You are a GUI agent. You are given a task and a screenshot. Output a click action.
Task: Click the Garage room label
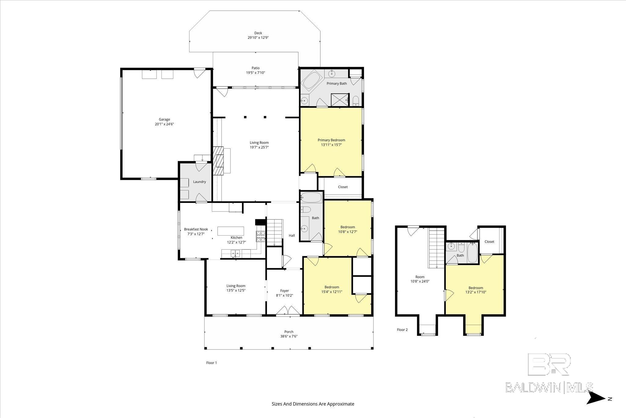pos(164,119)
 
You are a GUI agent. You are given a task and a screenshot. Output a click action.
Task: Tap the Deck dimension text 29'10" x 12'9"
pos(258,38)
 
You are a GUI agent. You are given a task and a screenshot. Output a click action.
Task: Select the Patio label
pos(256,68)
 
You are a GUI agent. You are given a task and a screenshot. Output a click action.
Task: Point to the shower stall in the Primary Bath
pos(339,100)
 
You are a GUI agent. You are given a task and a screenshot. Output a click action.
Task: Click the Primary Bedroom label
pos(331,140)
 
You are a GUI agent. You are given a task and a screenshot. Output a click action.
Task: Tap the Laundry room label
pos(199,182)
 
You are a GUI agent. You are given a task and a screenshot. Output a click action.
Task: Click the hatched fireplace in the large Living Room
pos(219,161)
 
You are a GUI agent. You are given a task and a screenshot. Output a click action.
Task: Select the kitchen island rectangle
pos(231,231)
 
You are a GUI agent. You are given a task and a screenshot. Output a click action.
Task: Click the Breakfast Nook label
pos(196,229)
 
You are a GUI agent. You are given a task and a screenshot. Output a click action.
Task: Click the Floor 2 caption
pos(402,330)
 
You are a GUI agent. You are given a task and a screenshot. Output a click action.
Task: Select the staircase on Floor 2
pos(436,248)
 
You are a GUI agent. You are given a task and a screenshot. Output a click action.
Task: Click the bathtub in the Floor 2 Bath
pos(473,253)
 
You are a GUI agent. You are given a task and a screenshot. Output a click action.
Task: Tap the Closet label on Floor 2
pos(489,242)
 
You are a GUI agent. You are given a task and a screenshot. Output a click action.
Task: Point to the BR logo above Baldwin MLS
pos(549,364)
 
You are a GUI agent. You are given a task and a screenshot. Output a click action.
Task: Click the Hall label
pos(292,235)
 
